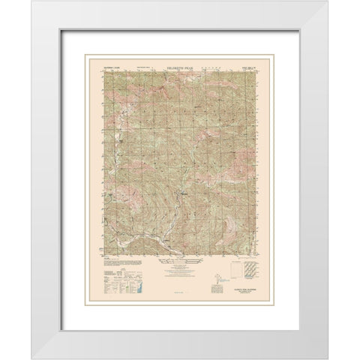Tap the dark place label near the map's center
(x=183, y=194)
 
